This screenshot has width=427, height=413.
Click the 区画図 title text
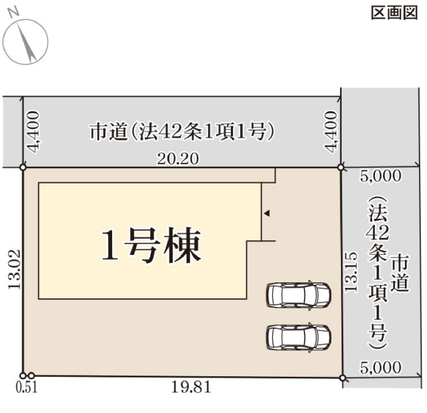coord(394,13)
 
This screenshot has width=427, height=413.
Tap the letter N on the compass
coord(14,13)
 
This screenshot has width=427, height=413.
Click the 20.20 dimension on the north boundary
coord(177,159)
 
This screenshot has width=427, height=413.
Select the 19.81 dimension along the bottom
coord(191,386)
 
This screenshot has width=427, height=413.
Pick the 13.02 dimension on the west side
coord(14,270)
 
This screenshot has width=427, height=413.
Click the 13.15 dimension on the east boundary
coord(350,272)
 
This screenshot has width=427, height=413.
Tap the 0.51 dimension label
coord(27,388)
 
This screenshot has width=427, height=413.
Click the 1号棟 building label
coord(151,246)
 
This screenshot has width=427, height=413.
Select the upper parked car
coord(299,295)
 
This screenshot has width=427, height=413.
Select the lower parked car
coord(299,338)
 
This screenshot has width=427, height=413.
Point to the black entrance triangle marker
coord(267,213)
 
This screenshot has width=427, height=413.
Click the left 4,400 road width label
coord(34,131)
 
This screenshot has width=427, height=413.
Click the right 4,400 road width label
coord(331,131)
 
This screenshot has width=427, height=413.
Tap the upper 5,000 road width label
coord(381,176)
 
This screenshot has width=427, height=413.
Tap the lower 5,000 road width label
coord(381,367)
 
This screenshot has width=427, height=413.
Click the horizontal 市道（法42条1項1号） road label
coord(181,131)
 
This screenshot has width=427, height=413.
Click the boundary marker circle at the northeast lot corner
coord(341,167)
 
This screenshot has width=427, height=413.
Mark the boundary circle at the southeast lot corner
coord(343,378)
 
